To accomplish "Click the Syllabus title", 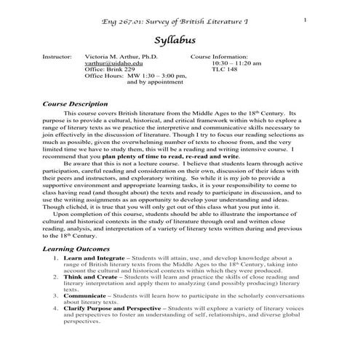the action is point(180,39).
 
